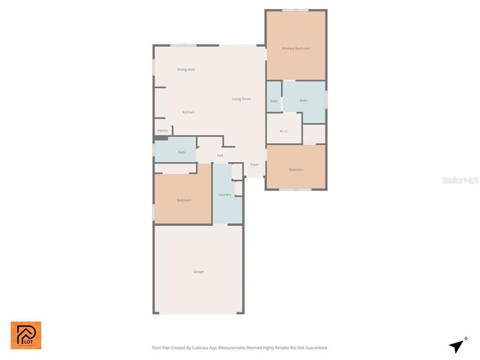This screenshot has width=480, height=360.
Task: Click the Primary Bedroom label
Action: [296, 49]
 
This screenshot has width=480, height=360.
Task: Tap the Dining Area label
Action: [185, 70]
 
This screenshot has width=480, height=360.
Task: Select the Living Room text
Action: [241, 99]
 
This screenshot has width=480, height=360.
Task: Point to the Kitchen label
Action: [188, 112]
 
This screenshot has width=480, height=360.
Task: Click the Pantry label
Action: [163, 130]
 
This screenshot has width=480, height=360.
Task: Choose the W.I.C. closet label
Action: [284, 131]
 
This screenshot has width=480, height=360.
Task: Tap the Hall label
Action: [220, 155]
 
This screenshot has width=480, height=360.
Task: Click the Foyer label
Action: [254, 164]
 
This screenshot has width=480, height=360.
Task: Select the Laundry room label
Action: [225, 194]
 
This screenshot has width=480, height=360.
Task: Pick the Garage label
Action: [198, 272]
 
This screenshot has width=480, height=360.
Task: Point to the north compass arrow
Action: [458, 346]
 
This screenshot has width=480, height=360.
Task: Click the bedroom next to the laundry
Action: [184, 200]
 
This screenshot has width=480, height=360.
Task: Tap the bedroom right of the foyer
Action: [296, 169]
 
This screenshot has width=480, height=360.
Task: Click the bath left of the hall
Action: [181, 152]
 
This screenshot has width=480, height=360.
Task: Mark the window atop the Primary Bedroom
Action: [296, 10]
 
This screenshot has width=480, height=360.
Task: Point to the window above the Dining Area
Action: [182, 46]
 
